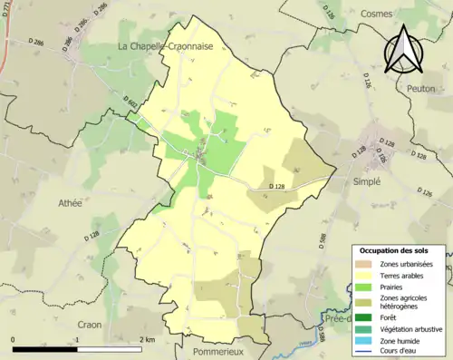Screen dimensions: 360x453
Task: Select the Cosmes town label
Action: pos(377,14)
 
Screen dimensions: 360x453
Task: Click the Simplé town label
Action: pos(366,180)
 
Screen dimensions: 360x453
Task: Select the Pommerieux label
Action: pos(215,348)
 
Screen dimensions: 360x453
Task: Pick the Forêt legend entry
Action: pos(390,316)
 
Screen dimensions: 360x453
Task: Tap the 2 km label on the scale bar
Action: pos(149,339)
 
